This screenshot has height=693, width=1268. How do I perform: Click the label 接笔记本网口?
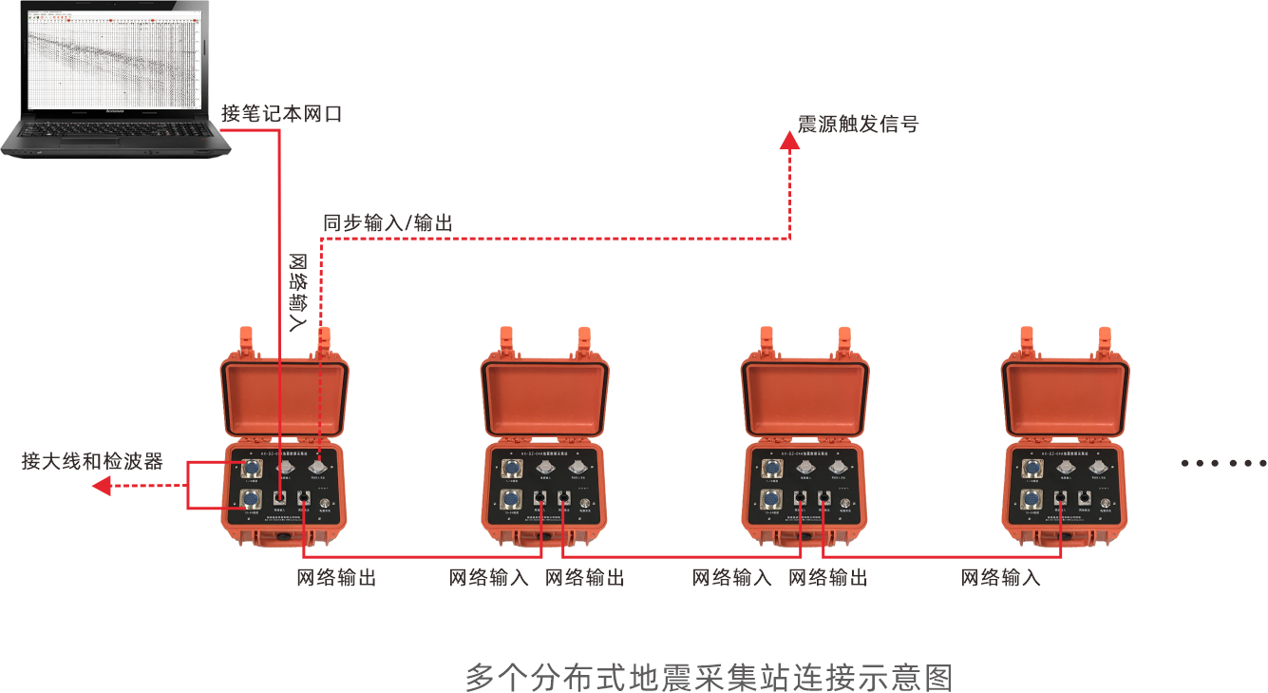(x=281, y=115)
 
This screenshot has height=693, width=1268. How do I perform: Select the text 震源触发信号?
(x=859, y=125)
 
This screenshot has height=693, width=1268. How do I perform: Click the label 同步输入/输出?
(x=388, y=223)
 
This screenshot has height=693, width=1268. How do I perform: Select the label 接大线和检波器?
(x=92, y=462)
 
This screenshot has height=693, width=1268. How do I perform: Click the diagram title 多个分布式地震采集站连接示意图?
(x=709, y=678)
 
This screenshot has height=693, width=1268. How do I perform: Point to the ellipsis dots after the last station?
(x=1223, y=463)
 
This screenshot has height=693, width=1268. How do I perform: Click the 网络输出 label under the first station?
(x=336, y=578)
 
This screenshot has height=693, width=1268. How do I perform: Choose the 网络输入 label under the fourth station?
(x=1001, y=578)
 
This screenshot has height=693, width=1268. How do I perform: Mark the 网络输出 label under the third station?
(x=828, y=578)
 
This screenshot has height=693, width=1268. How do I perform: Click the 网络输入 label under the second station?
(x=489, y=578)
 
